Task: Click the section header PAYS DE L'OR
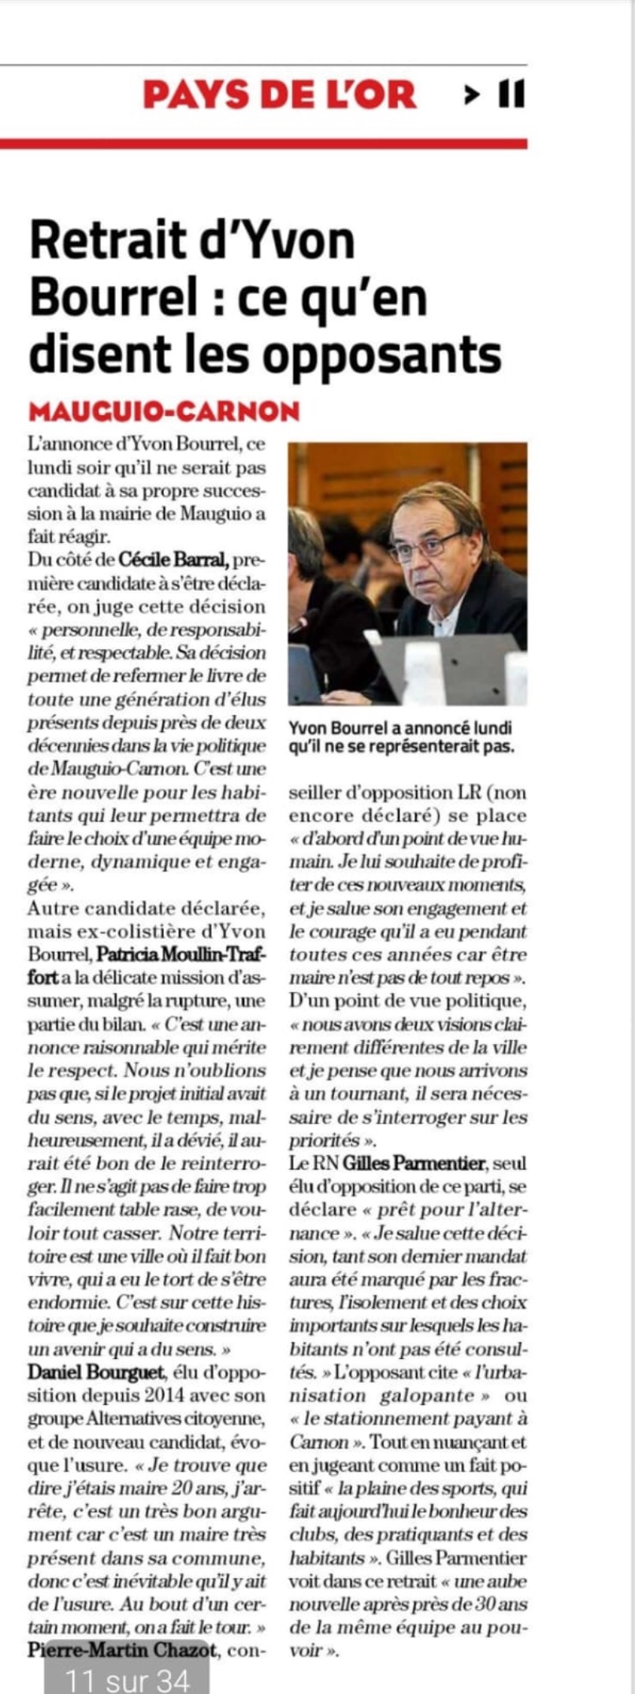point(279,95)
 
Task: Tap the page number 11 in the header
point(511,95)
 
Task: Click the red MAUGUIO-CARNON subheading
point(164,410)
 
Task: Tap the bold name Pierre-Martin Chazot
point(121,1649)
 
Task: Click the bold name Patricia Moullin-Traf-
point(181,955)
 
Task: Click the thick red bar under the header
point(263,143)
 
